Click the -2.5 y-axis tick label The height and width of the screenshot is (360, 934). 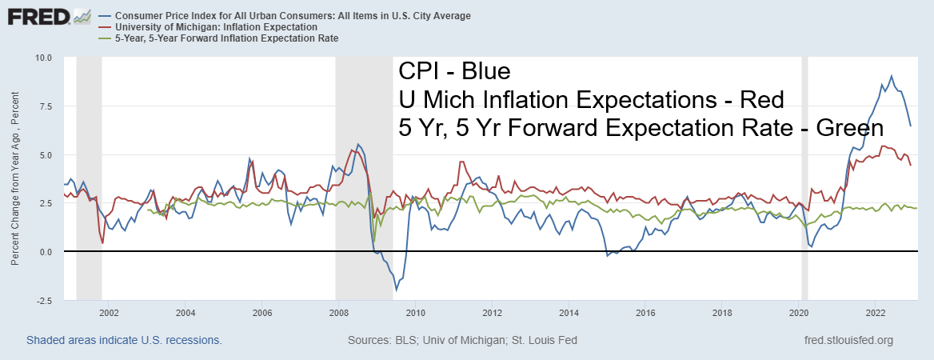pyautogui.click(x=43, y=301)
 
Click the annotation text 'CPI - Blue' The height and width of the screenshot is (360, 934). pyautogui.click(x=453, y=72)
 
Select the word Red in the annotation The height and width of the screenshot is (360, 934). pyautogui.click(x=760, y=100)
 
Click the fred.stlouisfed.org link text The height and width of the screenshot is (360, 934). pyautogui.click(x=850, y=341)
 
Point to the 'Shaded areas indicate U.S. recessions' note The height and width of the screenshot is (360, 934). pyautogui.click(x=124, y=341)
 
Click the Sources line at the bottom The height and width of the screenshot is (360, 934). pyautogui.click(x=462, y=341)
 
